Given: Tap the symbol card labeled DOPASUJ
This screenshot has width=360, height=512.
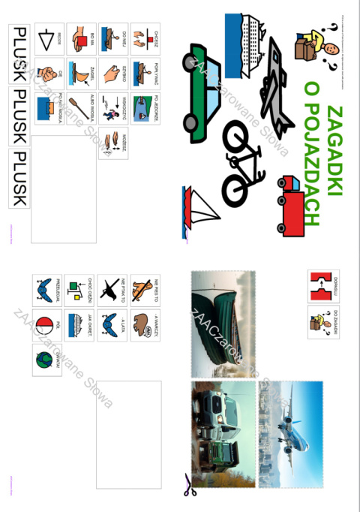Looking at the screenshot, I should pyautogui.click(x=323, y=286).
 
